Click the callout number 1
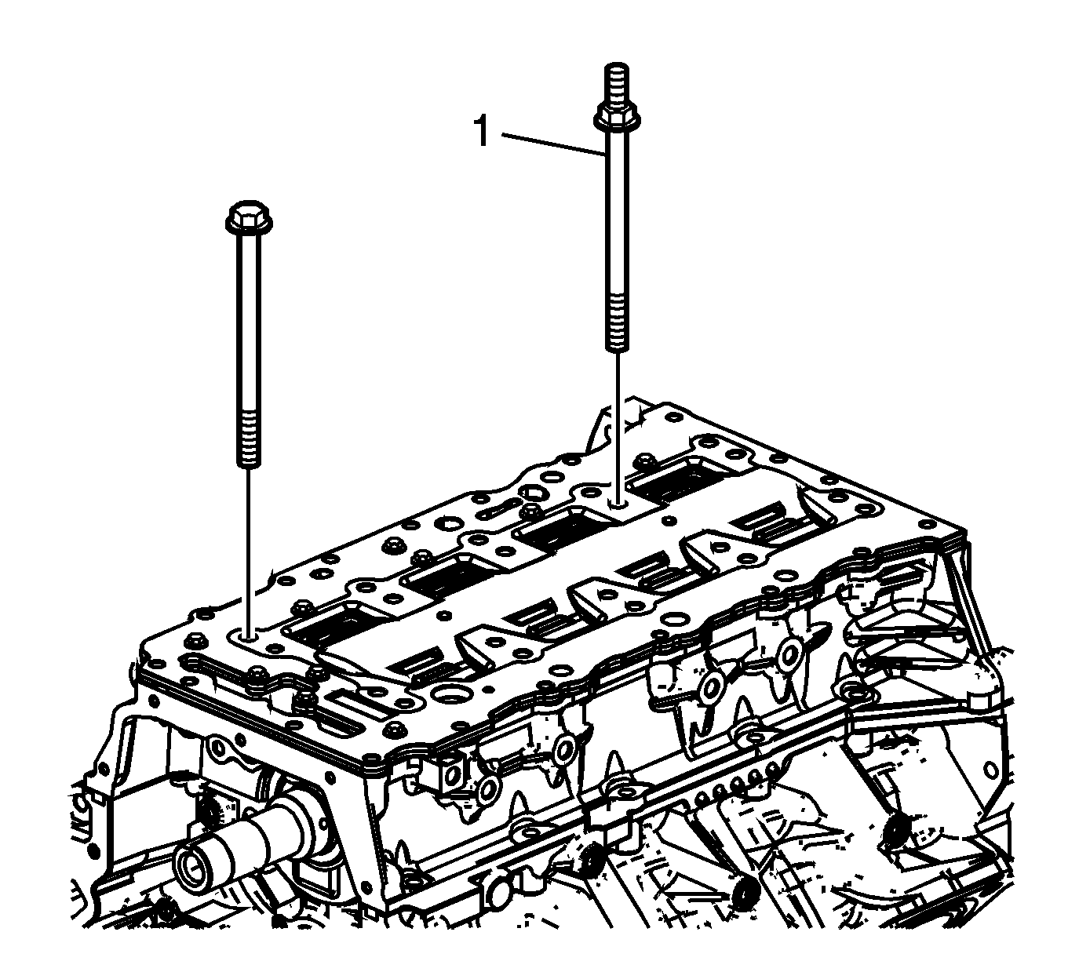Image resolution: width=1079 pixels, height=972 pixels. [x=481, y=131]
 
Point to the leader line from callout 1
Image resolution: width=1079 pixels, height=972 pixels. [x=553, y=144]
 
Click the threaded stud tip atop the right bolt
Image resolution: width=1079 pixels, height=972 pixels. [x=616, y=86]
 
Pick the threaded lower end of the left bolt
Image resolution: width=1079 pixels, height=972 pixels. [x=249, y=439]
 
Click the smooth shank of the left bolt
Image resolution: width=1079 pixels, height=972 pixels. [x=249, y=322]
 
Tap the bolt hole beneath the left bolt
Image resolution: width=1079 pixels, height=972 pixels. [x=249, y=638]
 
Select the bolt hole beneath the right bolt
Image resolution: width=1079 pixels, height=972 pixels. [x=617, y=504]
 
